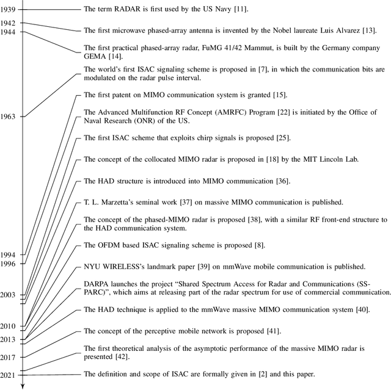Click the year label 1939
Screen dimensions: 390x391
click(9, 9)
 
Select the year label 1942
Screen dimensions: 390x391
click(9, 23)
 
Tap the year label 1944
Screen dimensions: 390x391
click(9, 31)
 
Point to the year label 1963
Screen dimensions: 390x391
click(9, 116)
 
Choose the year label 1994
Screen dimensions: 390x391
click(9, 254)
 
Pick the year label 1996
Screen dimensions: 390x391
click(9, 263)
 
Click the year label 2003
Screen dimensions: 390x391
click(9, 295)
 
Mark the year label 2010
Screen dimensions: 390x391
click(9, 327)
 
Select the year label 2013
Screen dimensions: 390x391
click(9, 339)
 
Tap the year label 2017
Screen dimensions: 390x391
click(9, 357)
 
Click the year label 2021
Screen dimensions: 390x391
click(9, 374)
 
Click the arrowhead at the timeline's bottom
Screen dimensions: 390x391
click(22, 385)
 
